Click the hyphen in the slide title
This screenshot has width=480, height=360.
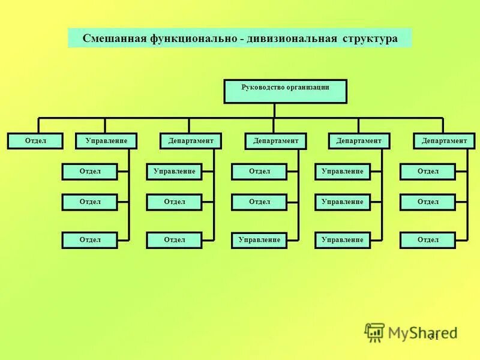[241, 39]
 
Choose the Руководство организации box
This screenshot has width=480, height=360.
[286, 91]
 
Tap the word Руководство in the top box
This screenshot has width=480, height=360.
[262, 87]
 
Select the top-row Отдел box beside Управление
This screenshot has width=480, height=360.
[36, 141]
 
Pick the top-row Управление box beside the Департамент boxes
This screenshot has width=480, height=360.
[106, 141]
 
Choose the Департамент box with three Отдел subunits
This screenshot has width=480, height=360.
[443, 141]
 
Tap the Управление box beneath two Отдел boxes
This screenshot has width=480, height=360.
[259, 241]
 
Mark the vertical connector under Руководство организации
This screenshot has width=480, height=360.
[274, 110]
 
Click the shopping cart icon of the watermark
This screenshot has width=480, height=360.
[375, 332]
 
